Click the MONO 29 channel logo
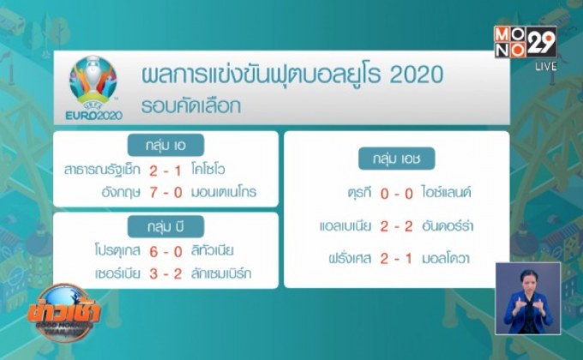pos(525,41)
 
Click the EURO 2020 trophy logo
pos(93,87)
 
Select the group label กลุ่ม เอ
pos(165,145)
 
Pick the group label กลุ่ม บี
pos(165,227)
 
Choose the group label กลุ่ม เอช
pos(397,159)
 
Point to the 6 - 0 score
pos(165,250)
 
